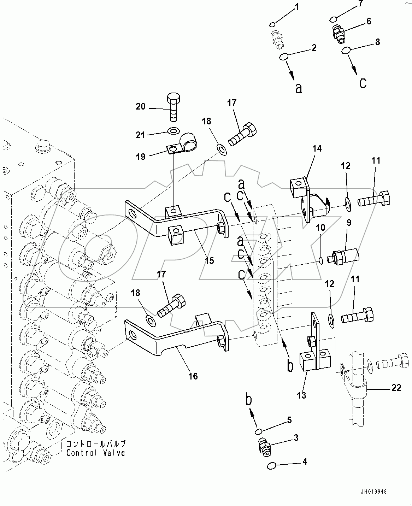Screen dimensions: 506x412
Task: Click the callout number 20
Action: tap(141, 106)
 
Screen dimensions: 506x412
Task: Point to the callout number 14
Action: tap(317, 148)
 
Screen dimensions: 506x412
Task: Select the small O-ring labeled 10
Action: tap(320, 261)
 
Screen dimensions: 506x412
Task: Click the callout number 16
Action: tap(193, 376)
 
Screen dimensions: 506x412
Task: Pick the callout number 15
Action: tap(209, 260)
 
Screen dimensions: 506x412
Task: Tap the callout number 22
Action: tap(396, 388)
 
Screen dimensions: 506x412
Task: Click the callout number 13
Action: tap(302, 395)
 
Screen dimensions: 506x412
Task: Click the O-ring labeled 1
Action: tap(272, 24)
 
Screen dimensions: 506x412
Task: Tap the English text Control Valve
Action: tap(96, 453)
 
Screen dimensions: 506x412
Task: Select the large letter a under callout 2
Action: tap(299, 88)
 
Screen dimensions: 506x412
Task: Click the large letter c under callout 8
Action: tap(363, 83)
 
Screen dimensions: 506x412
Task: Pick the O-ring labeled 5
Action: tap(259, 431)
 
